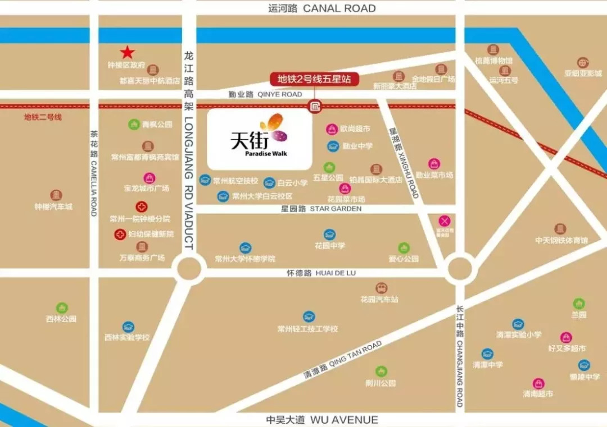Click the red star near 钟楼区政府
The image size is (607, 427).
[128, 53]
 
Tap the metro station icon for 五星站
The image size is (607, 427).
[315, 105]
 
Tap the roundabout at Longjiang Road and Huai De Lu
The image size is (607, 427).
[189, 270]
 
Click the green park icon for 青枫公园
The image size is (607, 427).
[134, 124]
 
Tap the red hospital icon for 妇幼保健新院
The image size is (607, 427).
[120, 235]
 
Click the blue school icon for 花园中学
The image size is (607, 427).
[329, 235]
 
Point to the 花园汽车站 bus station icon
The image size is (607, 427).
[382, 288]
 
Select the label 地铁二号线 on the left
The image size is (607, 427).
[42, 117]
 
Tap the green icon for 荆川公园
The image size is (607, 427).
[382, 371]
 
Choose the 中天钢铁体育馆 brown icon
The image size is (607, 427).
[560, 228]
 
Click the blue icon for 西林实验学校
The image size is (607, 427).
[128, 327]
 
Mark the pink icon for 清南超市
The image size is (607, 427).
[538, 383]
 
